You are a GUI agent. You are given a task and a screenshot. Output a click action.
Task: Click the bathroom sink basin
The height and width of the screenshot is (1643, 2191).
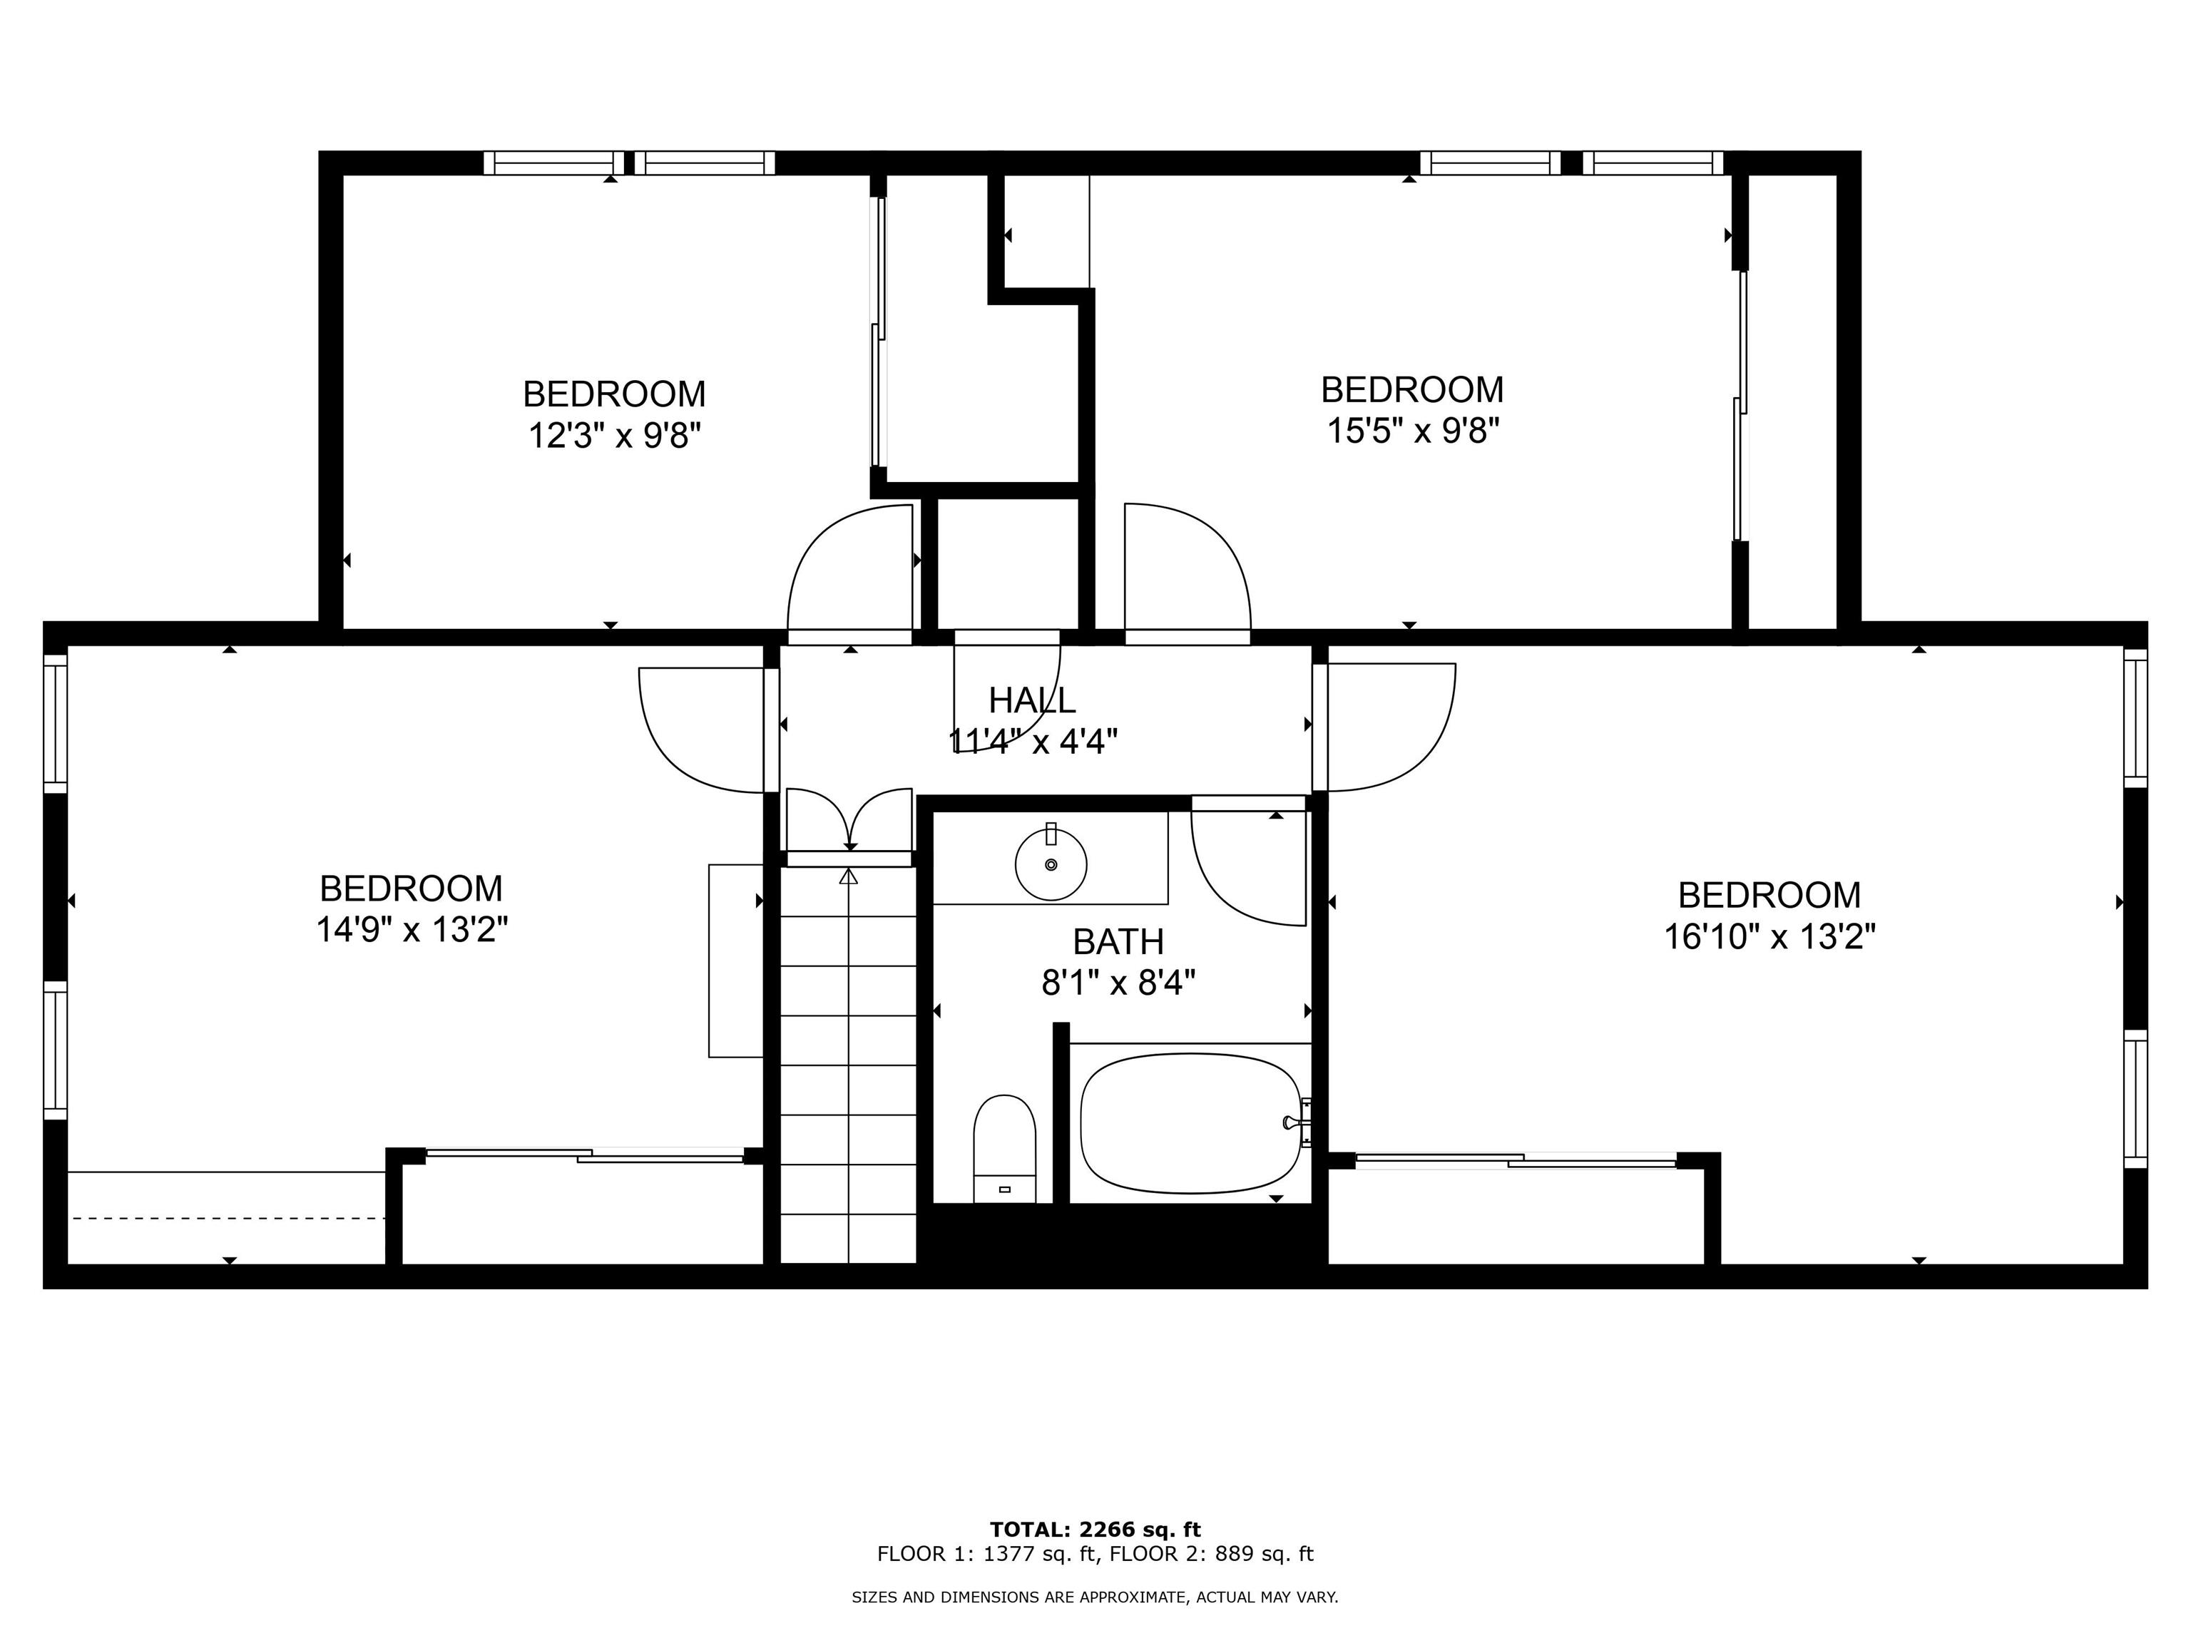pyautogui.click(x=1051, y=864)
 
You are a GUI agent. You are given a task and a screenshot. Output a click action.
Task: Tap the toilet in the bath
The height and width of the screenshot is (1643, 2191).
pyautogui.click(x=1004, y=1149)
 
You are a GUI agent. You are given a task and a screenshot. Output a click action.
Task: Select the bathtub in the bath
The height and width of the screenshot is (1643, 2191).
pyautogui.click(x=1189, y=1123)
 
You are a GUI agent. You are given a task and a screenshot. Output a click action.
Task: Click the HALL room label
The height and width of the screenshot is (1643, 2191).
pyautogui.click(x=1031, y=700)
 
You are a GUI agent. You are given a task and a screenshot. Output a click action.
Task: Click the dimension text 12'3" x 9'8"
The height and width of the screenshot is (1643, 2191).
pyautogui.click(x=614, y=435)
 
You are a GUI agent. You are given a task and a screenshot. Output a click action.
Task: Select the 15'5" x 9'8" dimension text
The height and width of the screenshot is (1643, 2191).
pyautogui.click(x=1411, y=431)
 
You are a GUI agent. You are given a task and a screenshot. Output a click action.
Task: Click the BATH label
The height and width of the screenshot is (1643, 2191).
pyautogui.click(x=1118, y=941)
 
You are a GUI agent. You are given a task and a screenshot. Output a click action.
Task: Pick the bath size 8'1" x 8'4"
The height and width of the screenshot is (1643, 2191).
pyautogui.click(x=1118, y=983)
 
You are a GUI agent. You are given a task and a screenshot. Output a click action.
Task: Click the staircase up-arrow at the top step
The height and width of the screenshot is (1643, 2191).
pyautogui.click(x=849, y=877)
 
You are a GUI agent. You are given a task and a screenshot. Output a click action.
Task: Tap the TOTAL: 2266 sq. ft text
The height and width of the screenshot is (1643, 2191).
pyautogui.click(x=1095, y=1530)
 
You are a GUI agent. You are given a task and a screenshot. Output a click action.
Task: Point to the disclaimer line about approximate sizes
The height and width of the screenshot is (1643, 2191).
pyautogui.click(x=1095, y=1597)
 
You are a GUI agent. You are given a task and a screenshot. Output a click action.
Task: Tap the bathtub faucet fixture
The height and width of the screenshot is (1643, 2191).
pyautogui.click(x=1297, y=1122)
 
